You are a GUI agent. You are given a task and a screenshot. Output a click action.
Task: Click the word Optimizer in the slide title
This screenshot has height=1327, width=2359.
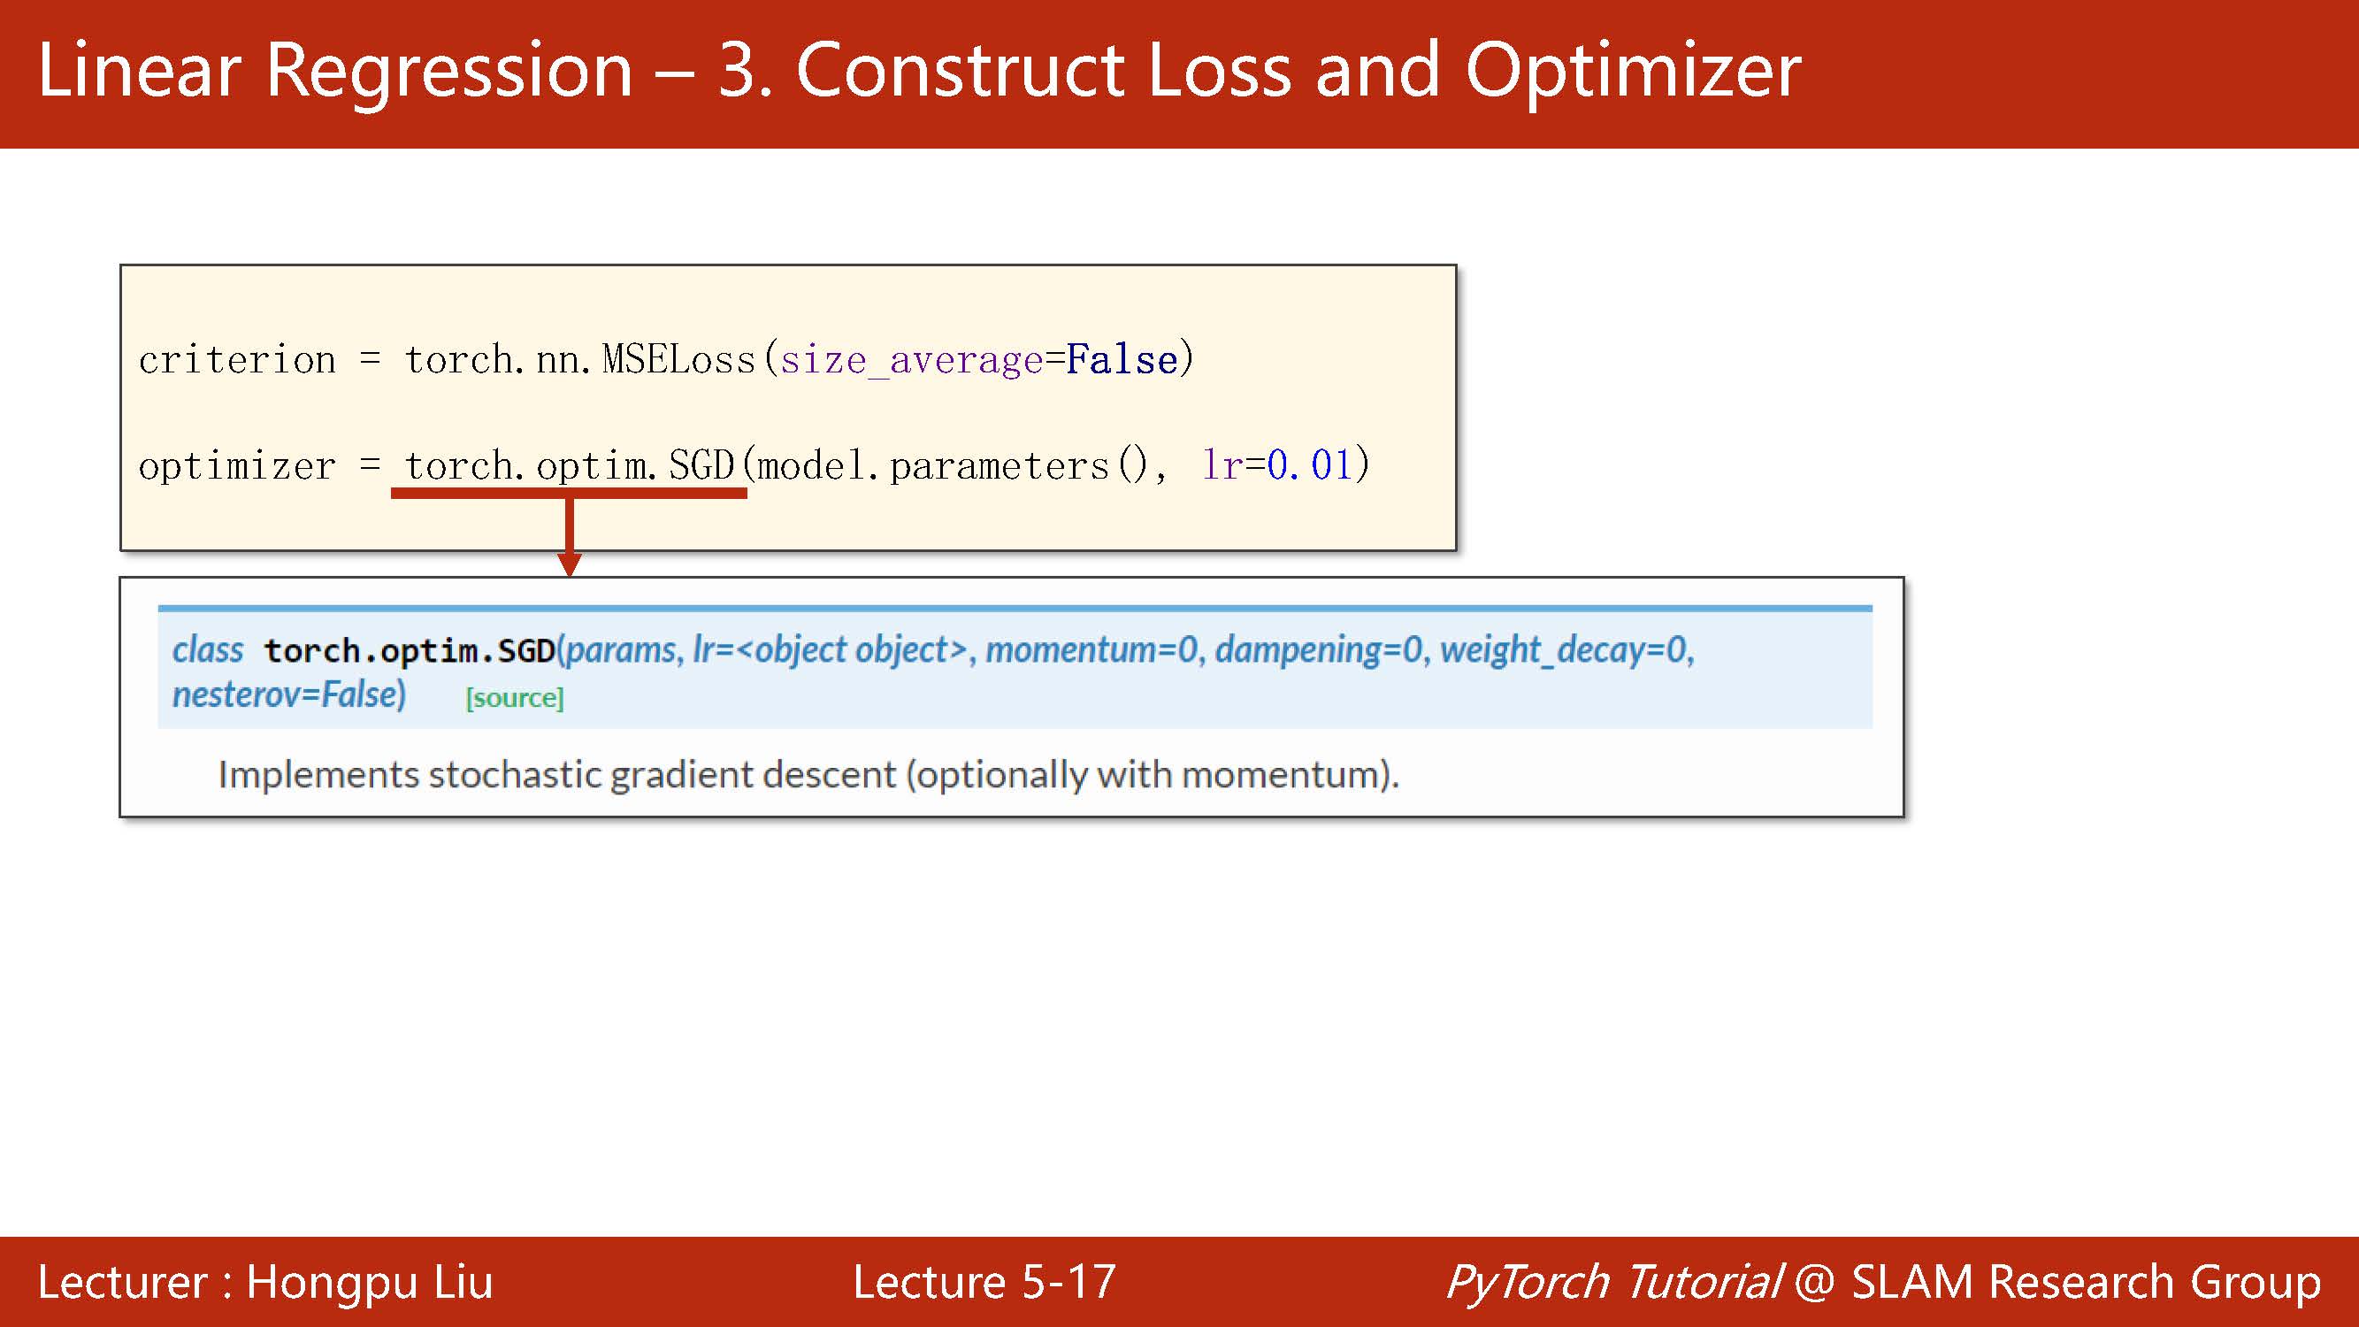(x=1633, y=72)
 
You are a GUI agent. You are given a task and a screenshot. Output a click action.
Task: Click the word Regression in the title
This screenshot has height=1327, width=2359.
(x=449, y=72)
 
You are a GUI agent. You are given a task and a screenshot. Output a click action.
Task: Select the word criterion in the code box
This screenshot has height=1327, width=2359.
(x=237, y=359)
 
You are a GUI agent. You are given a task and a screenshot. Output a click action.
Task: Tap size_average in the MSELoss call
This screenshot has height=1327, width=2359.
(x=911, y=359)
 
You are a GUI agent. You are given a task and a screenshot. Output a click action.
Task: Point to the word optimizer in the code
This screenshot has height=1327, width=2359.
(x=237, y=466)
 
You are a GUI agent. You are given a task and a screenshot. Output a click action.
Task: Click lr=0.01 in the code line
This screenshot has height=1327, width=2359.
(x=1276, y=464)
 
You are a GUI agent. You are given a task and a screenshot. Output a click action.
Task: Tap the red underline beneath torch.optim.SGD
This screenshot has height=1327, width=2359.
(x=569, y=493)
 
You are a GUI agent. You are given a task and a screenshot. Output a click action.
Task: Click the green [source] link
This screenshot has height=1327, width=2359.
(x=515, y=698)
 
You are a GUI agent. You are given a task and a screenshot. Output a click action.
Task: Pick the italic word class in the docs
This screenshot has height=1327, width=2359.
(x=208, y=649)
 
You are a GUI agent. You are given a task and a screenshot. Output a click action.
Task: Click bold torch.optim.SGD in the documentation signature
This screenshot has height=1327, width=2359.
(x=410, y=650)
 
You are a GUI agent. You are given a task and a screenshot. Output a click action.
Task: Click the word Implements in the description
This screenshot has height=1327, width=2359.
(x=318, y=775)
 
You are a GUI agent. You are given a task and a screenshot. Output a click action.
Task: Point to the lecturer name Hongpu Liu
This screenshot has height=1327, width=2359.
(x=370, y=1281)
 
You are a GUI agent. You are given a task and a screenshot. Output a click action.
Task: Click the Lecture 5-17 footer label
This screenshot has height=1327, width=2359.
(x=984, y=1281)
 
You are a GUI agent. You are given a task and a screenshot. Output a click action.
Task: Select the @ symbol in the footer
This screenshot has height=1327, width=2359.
(x=1815, y=1281)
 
